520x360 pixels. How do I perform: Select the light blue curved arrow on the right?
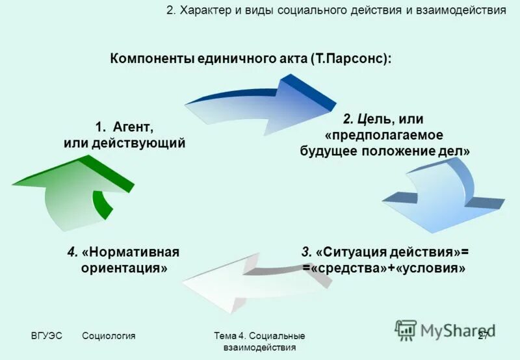point(448,195)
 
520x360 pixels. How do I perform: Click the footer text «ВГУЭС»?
point(47,335)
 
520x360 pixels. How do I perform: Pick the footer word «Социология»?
point(109,335)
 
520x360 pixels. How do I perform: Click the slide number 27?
point(483,335)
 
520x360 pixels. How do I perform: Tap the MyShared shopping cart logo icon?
point(406,330)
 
